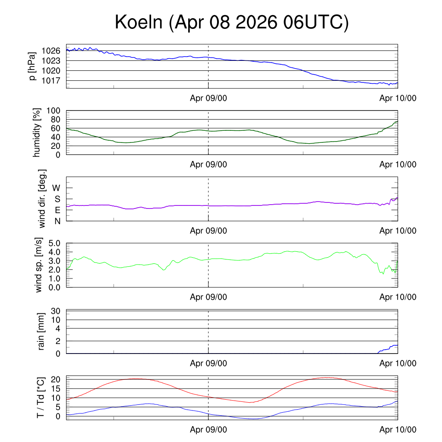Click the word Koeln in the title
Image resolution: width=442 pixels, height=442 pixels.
coord(139,22)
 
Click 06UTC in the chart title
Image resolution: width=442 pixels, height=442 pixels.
coord(313,22)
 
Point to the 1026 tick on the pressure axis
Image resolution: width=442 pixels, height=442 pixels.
coord(51,51)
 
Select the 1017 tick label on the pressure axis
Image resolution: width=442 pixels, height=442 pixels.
coord(51,81)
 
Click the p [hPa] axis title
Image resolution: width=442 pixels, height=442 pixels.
coord(32,66)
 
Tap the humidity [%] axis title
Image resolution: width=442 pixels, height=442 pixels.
coord(37,133)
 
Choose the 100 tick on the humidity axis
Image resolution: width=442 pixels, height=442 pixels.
coord(53,110)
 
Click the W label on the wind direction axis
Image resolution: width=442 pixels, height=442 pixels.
coord(56,188)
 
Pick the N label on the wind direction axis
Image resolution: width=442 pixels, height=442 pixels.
coord(57,221)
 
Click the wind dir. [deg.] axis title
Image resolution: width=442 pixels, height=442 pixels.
coord(42,199)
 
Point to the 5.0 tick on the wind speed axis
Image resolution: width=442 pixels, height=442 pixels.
coord(54,243)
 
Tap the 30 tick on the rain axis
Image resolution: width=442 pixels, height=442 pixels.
coord(56,311)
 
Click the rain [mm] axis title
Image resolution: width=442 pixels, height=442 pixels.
coord(41,331)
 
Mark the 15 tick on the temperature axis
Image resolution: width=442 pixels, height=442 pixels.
coord(56,389)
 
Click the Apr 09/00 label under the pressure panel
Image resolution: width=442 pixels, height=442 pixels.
coord(208,98)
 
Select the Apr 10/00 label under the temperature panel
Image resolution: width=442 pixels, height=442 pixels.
coord(398,429)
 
